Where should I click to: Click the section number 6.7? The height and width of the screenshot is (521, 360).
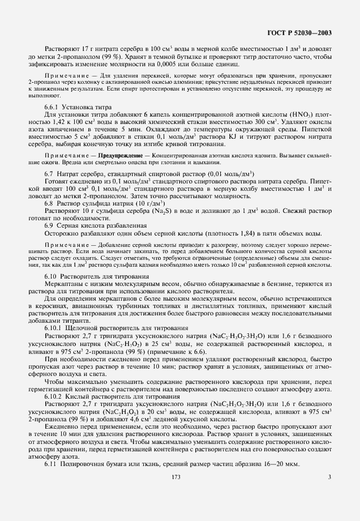point(49,173)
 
